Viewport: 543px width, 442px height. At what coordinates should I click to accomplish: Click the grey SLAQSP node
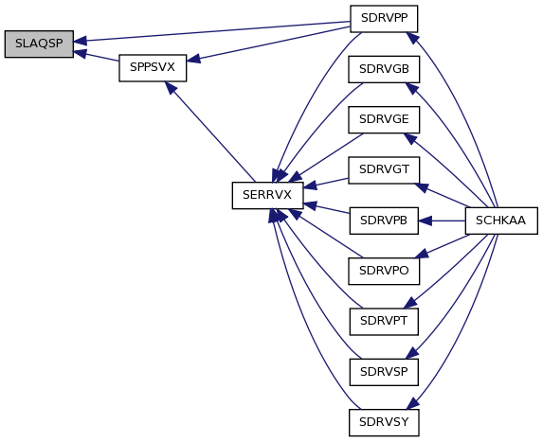[x=39, y=44]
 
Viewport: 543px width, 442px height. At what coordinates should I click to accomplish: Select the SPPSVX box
[x=153, y=68]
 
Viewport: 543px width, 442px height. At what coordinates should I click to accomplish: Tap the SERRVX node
[x=267, y=195]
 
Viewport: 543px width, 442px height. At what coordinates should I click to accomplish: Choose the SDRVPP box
[x=384, y=19]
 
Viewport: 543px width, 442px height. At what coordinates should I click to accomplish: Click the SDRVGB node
[x=384, y=69]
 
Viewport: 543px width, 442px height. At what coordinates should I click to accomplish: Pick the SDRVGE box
[x=384, y=119]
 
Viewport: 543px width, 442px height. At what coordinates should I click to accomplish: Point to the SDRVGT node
[x=384, y=170]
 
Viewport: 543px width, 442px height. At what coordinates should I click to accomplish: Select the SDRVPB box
[x=384, y=221]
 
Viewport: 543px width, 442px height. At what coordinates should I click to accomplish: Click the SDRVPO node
[x=384, y=271]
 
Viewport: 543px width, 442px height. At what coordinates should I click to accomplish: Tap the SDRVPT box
[x=384, y=322]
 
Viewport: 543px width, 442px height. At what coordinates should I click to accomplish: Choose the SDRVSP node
[x=384, y=372]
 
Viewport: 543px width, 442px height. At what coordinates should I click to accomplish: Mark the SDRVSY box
[x=384, y=423]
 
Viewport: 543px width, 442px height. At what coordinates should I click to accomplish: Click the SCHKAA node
[x=501, y=221]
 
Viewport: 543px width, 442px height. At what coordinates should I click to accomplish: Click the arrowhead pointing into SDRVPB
[x=425, y=221]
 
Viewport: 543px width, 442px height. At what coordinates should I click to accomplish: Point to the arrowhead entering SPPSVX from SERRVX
[x=171, y=87]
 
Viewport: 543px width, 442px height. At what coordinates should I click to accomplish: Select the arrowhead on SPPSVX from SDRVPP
[x=193, y=59]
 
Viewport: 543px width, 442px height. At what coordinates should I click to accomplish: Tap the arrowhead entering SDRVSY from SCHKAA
[x=413, y=403]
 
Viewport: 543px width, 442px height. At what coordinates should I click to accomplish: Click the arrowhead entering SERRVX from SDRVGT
[x=310, y=186]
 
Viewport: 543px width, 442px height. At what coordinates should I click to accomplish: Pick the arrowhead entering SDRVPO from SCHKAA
[x=422, y=254]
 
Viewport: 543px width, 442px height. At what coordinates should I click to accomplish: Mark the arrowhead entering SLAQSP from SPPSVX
[x=80, y=53]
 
